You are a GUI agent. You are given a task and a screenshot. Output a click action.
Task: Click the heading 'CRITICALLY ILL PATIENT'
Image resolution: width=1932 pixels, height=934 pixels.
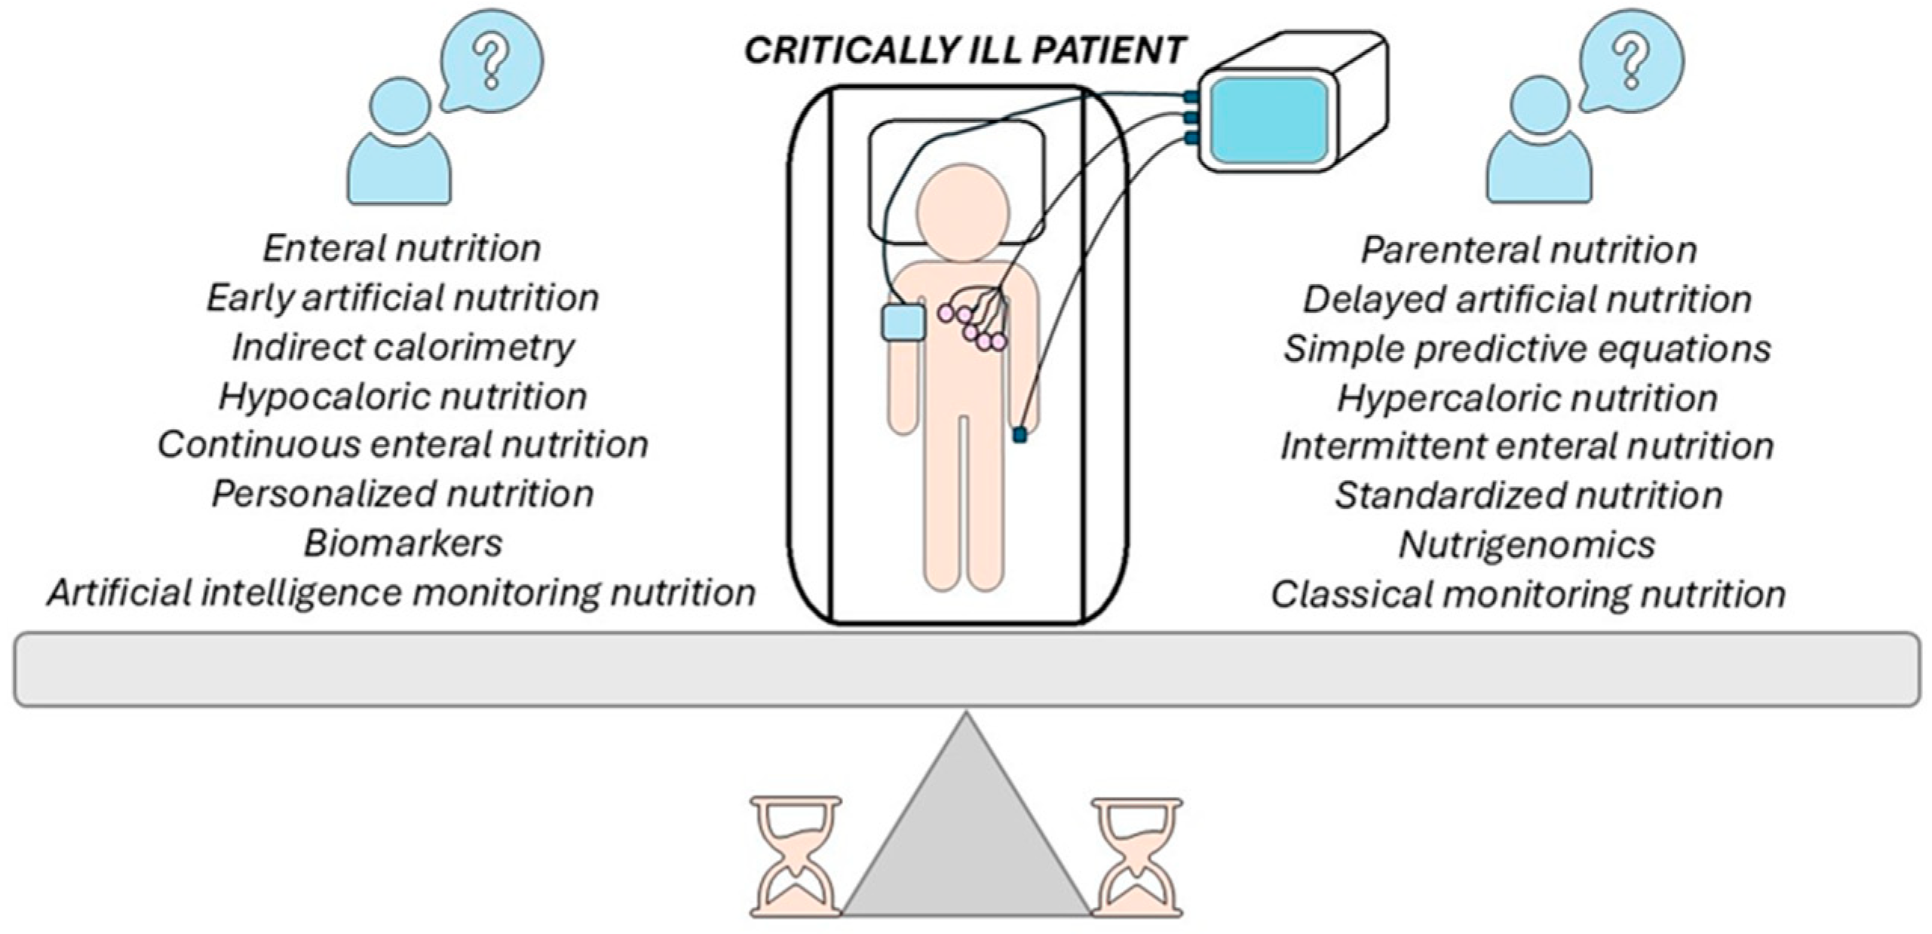click(964, 51)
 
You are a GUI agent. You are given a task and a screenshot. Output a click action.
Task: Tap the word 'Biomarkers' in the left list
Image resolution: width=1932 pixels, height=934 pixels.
click(403, 544)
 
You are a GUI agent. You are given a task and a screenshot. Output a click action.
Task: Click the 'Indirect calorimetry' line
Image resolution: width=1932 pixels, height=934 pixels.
click(403, 348)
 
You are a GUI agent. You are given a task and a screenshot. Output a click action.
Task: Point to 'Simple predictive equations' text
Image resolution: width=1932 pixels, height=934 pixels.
click(1527, 349)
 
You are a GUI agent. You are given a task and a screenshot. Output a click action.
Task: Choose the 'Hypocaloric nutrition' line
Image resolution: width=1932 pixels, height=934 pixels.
click(403, 397)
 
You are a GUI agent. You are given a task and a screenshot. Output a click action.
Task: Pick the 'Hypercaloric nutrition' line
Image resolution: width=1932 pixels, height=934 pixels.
click(1527, 398)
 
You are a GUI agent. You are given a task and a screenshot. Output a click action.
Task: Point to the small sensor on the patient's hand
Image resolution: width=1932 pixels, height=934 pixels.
click(1020, 435)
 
